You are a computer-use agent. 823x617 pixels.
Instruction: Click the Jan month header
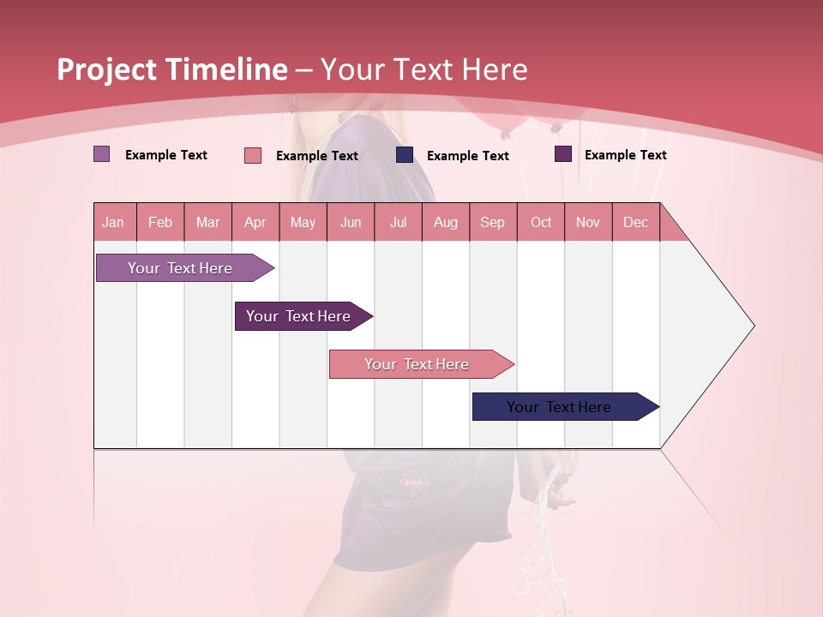click(114, 222)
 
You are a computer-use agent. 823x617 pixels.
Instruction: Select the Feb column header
click(160, 222)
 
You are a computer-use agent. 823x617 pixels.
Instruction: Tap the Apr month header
click(255, 222)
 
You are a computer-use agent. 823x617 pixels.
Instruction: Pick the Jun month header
click(351, 222)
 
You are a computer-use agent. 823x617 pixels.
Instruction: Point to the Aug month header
click(446, 222)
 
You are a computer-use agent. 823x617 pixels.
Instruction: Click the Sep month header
click(493, 222)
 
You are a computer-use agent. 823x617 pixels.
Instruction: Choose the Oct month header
click(541, 222)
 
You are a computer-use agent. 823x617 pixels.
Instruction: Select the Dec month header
click(636, 222)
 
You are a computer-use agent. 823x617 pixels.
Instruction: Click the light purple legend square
click(102, 154)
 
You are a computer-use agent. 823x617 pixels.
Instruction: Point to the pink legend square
click(253, 155)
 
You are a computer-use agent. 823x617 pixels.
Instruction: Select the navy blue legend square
click(405, 155)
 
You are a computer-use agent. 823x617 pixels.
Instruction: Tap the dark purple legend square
click(563, 154)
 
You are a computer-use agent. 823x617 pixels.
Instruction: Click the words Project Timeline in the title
click(171, 69)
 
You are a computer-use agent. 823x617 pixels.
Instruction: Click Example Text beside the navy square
click(468, 156)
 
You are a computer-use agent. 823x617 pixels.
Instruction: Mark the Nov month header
click(588, 222)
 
